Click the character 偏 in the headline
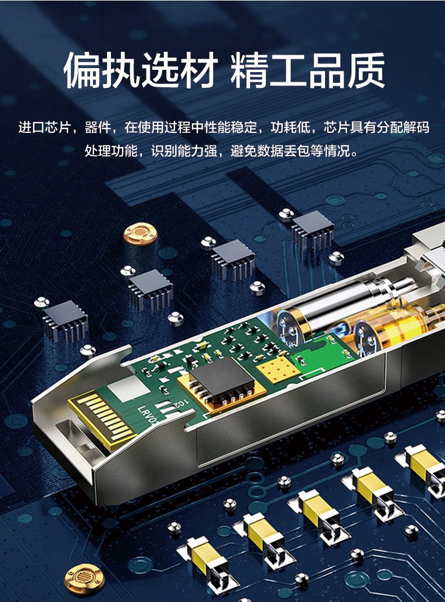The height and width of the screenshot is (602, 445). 82,70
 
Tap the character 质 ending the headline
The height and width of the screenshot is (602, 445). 366,70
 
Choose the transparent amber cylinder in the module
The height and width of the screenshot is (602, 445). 395,326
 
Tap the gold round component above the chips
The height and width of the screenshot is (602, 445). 140,234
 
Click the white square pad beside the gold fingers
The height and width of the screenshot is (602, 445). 128,389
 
